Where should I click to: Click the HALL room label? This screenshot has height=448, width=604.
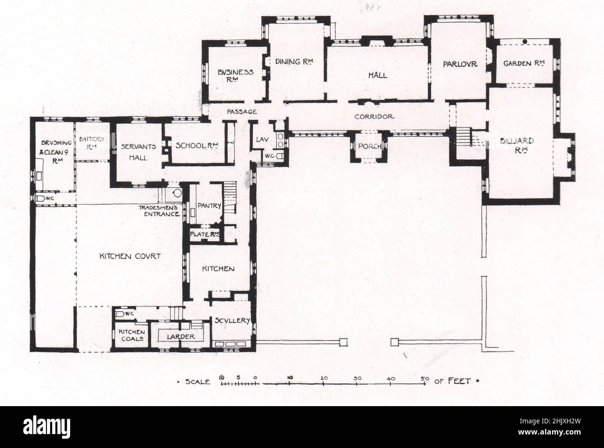tap(377, 75)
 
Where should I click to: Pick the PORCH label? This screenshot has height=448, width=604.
tap(369, 146)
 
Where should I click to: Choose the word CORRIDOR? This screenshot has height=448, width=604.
tap(374, 117)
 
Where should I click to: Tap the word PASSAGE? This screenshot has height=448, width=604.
tap(242, 112)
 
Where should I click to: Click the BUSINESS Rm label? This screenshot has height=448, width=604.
tap(236, 75)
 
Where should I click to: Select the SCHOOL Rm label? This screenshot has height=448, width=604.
tap(197, 146)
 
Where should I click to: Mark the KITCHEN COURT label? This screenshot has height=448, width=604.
tap(130, 256)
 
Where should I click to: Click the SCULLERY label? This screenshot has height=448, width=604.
tap(232, 320)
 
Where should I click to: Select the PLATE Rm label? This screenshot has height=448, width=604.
tap(204, 234)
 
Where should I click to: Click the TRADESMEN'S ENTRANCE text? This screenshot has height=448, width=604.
tap(158, 211)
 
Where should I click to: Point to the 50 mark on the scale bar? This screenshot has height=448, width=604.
tap(424, 379)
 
